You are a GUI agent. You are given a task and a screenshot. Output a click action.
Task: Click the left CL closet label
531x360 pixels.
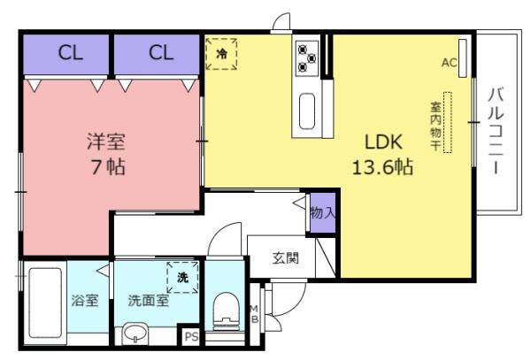pyautogui.click(x=71, y=53)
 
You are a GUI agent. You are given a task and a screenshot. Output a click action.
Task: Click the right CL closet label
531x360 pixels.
pyautogui.click(x=161, y=53)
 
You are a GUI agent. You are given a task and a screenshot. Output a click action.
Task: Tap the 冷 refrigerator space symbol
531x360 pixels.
pyautogui.click(x=221, y=54)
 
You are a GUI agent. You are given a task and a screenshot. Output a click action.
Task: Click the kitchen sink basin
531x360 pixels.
pyautogui.click(x=307, y=111)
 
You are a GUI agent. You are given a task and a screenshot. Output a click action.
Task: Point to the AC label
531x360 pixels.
pyautogui.click(x=449, y=63)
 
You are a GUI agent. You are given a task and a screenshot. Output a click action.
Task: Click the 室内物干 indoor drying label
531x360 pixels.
pyautogui.click(x=435, y=126)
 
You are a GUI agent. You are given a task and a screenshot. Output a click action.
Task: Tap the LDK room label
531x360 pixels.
pyautogui.click(x=383, y=142)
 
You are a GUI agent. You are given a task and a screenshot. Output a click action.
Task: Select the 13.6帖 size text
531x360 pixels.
pyautogui.click(x=382, y=167)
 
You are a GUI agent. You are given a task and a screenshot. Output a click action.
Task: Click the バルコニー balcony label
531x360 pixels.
pyautogui.click(x=496, y=130)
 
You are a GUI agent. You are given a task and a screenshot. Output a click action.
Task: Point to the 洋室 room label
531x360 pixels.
pyautogui.click(x=106, y=142)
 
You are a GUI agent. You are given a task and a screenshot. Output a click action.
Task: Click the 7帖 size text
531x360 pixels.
pyautogui.click(x=108, y=167)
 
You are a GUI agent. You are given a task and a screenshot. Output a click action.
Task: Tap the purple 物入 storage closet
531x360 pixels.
pyautogui.click(x=323, y=213)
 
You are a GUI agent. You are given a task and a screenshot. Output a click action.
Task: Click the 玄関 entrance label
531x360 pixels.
pyautogui.click(x=286, y=258)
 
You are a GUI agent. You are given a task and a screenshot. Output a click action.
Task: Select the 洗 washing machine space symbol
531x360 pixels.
pyautogui.click(x=182, y=278)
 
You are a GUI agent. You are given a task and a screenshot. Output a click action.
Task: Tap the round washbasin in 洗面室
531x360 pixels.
pyautogui.click(x=135, y=333)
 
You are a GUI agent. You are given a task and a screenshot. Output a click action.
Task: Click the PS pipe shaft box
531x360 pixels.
pyautogui.click(x=191, y=336)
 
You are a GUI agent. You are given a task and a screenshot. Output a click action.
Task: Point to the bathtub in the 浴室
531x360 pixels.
pyautogui.click(x=45, y=303)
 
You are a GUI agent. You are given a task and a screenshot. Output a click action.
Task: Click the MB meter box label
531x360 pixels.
pyautogui.click(x=254, y=314)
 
